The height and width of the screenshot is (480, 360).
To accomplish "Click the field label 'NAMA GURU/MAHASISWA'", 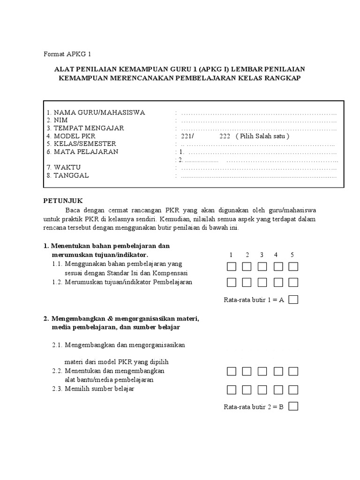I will [x=99, y=112].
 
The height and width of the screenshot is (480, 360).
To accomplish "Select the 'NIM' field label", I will [x=61, y=120].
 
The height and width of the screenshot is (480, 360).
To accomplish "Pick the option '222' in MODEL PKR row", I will [x=224, y=136].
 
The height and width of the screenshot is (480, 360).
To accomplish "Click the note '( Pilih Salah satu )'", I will [x=263, y=136].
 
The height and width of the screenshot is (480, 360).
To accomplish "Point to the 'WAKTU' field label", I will [x=67, y=167].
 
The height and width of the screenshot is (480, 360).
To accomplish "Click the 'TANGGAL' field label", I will [x=71, y=175].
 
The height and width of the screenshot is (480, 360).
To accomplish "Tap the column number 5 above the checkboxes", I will [x=292, y=255].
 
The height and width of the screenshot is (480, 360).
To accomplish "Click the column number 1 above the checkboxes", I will [x=231, y=255].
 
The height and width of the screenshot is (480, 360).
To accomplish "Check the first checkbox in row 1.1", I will [x=232, y=267].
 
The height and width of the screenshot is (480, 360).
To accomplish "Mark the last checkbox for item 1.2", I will [x=293, y=282].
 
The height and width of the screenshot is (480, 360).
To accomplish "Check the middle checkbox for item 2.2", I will [x=262, y=372].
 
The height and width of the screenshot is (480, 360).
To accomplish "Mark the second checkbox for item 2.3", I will [x=247, y=390].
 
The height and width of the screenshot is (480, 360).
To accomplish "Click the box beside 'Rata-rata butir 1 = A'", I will [x=293, y=300].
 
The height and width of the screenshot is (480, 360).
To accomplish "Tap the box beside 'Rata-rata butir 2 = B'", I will [x=293, y=407].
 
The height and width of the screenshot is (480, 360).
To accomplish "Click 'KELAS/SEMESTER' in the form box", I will [x=85, y=144].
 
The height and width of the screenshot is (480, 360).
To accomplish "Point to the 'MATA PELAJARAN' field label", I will [x=86, y=152].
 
